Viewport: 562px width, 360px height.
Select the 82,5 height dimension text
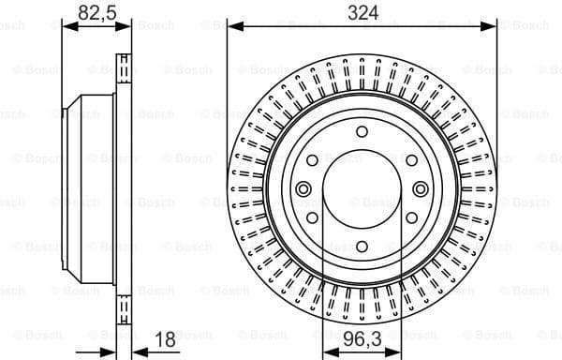(x=91, y=13)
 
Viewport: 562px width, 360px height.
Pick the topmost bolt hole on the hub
(x=361, y=132)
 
